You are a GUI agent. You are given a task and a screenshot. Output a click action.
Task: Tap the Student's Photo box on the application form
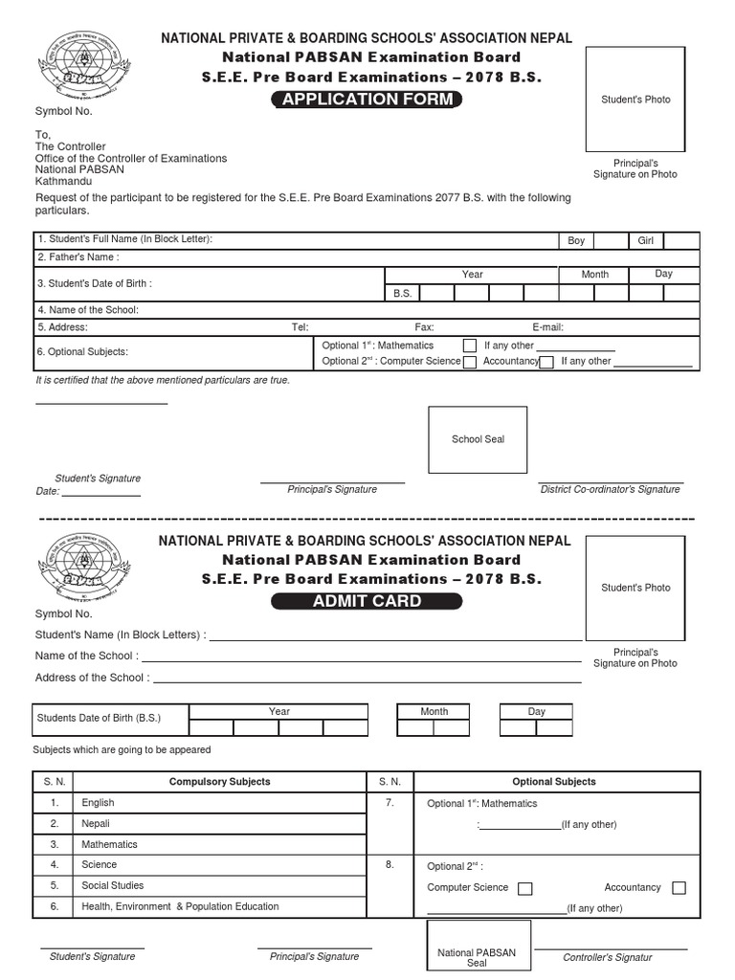pyautogui.click(x=635, y=100)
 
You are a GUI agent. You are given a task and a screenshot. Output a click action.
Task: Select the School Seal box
pyautogui.click(x=478, y=439)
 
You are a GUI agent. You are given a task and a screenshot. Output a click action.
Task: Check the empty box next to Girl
pyautogui.click(x=680, y=240)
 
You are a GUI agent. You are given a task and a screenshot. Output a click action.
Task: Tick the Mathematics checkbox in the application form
pyautogui.click(x=470, y=345)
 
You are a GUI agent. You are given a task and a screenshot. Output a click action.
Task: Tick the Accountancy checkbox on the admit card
pyautogui.click(x=679, y=888)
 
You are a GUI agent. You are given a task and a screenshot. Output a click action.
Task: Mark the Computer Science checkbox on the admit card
pyautogui.click(x=524, y=888)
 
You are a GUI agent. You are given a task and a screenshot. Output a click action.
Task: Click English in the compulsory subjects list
pyautogui.click(x=98, y=803)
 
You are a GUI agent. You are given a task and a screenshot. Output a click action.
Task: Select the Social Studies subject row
pyautogui.click(x=113, y=885)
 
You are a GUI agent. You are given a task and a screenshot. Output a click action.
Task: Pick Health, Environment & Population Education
pyautogui.click(x=181, y=906)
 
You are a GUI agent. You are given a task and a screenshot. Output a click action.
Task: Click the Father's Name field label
pyautogui.click(x=78, y=257)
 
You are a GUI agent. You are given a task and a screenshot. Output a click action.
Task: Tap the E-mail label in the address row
pyautogui.click(x=547, y=327)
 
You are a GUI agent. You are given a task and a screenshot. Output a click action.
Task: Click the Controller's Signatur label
pyautogui.click(x=607, y=957)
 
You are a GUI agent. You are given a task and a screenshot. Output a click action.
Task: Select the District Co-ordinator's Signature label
pyautogui.click(x=610, y=489)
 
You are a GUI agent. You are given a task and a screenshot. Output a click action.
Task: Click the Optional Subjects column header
pyautogui.click(x=553, y=782)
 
